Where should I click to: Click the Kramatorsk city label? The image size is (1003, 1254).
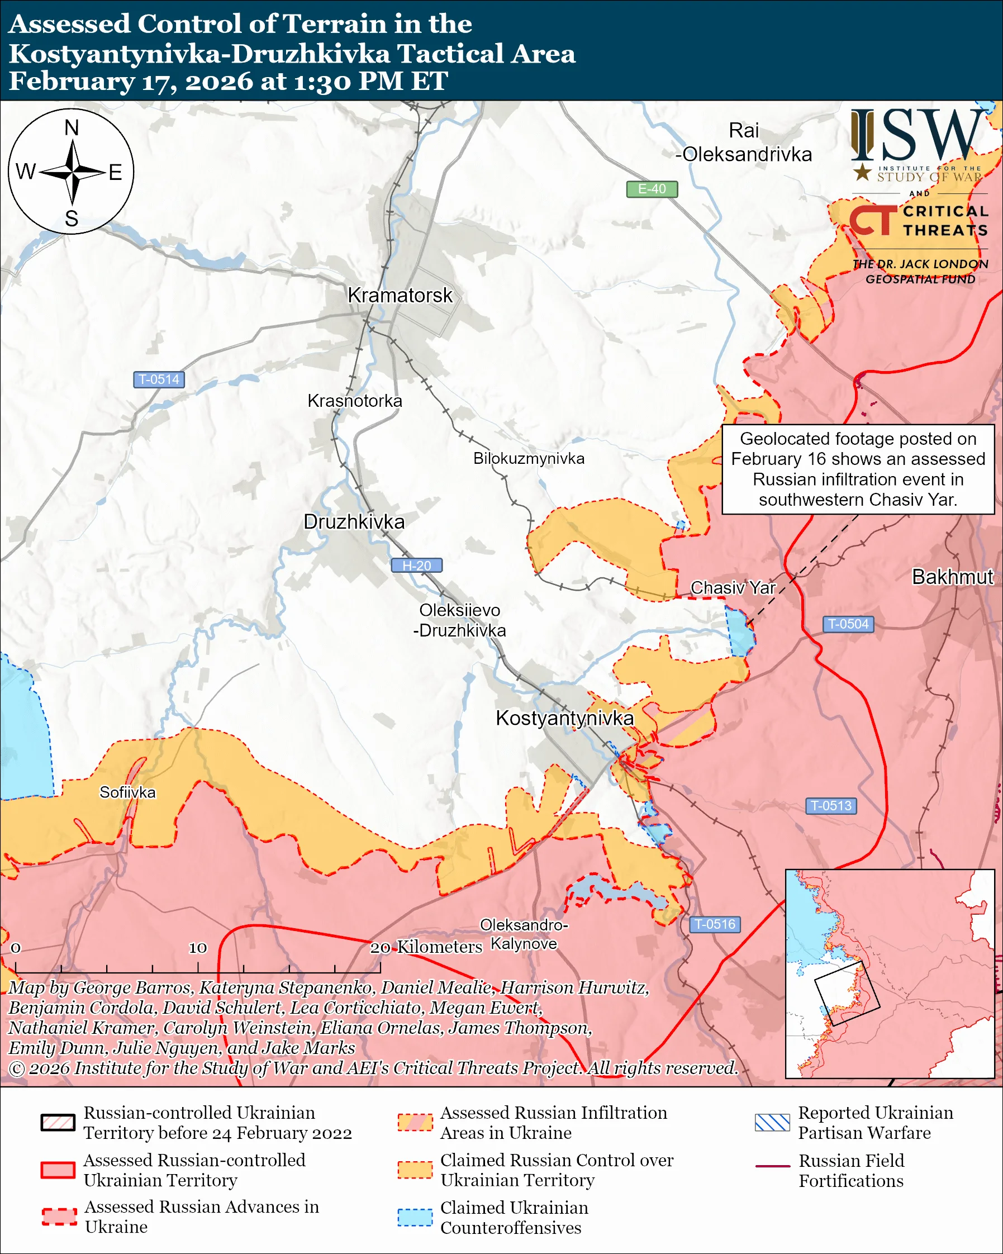point(400,295)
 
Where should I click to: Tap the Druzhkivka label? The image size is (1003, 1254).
point(354,521)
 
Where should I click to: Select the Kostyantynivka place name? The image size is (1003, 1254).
point(564,718)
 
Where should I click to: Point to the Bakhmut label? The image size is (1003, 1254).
point(952,576)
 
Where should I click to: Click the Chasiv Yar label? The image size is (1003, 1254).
point(733,587)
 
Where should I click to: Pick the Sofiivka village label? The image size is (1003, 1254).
point(127,792)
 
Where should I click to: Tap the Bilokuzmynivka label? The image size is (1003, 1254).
point(529,458)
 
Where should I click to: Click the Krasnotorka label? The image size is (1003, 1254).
point(355,401)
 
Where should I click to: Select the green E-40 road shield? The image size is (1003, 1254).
point(652,189)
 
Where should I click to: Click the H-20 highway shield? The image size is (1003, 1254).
point(416,566)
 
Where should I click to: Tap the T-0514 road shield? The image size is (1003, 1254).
point(159,379)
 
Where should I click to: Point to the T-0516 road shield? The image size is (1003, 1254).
point(715,924)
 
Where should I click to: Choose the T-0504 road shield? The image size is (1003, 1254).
point(848,624)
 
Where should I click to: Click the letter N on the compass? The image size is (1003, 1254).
point(72,127)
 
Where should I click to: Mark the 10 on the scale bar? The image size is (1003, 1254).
point(198,947)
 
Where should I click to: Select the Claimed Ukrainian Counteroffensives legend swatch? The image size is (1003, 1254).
point(415,1217)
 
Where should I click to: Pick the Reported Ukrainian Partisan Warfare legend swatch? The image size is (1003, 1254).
point(772,1123)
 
